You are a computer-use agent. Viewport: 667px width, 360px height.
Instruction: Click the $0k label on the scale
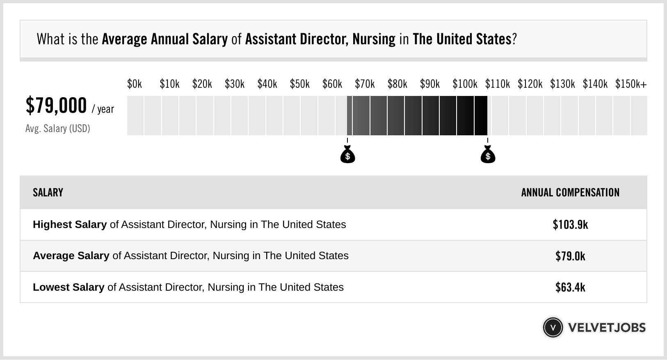(x=135, y=84)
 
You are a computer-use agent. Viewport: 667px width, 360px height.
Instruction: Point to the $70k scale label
(x=365, y=84)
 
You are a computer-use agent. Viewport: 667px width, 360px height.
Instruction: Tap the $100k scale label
(x=465, y=84)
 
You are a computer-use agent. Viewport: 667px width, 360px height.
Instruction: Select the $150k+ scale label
(x=631, y=84)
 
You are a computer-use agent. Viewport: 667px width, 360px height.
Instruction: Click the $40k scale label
(x=267, y=84)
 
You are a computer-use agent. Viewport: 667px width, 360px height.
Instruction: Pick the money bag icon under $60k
(x=347, y=155)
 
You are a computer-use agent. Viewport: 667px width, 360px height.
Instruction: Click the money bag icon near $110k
(x=488, y=155)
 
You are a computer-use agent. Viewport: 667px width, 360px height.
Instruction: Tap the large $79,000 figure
(x=56, y=105)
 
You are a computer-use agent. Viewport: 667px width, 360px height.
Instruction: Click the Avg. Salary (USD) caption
(x=57, y=129)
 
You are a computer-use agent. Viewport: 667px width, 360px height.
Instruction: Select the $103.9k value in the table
(x=570, y=225)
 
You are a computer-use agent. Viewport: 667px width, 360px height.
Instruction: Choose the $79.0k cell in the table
(x=570, y=256)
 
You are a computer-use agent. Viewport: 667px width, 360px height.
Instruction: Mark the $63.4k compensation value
(x=570, y=287)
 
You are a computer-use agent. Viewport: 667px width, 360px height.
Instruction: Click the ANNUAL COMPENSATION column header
(x=570, y=193)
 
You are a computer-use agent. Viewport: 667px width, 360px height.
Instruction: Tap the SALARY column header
(x=48, y=193)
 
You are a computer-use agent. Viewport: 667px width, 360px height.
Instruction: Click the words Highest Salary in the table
(x=70, y=225)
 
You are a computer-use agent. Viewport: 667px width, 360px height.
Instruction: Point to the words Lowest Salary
(x=69, y=287)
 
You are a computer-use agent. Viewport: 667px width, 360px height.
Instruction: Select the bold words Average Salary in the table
(x=71, y=256)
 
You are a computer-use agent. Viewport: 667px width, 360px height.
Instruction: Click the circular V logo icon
(x=553, y=328)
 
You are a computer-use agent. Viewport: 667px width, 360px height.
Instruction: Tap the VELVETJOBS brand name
(x=607, y=328)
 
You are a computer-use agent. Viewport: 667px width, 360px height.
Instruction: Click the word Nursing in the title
(x=374, y=39)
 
